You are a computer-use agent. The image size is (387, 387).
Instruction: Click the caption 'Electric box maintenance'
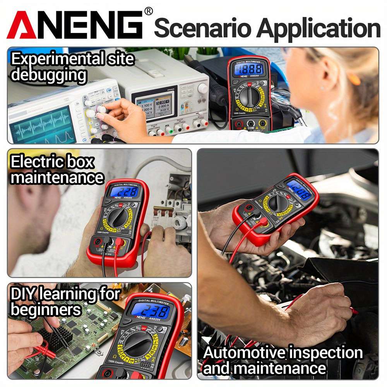coord(57,169)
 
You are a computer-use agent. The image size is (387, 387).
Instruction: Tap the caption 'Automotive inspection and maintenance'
coord(283,360)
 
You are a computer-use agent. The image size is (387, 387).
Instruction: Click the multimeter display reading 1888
coord(250,70)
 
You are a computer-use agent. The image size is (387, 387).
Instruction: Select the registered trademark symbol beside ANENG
coord(148,11)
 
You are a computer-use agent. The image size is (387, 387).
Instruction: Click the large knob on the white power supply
coord(202,88)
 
